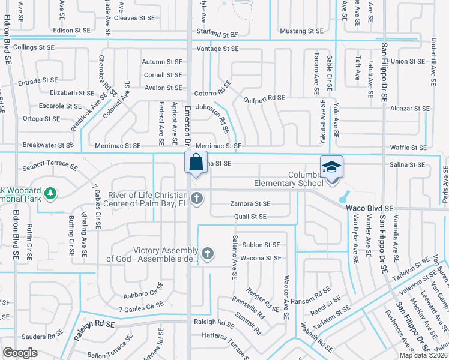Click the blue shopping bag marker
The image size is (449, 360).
[196, 162]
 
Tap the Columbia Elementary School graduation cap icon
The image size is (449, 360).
[331, 167]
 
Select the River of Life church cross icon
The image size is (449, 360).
[196, 198]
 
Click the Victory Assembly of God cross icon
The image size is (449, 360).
[208, 254]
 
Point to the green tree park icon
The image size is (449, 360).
[52, 193]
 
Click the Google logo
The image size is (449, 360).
[20, 353]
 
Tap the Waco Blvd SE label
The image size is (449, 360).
[370, 208]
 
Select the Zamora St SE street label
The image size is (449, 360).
[250, 204]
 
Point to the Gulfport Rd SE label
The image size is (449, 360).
[264, 97]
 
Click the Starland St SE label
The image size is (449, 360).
[218, 35]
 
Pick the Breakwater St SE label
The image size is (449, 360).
[48, 145]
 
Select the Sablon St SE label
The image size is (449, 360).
[261, 245]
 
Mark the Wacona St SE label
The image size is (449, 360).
[261, 258]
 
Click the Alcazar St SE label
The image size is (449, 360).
[409, 109]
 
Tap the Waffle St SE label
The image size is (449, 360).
[408, 148]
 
